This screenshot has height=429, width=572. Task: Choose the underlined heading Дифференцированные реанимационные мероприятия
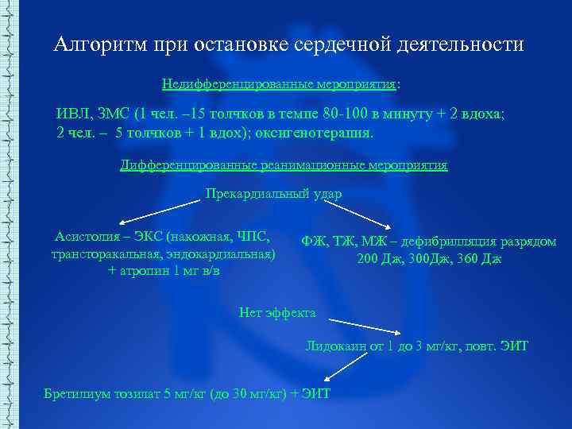[x=283, y=166]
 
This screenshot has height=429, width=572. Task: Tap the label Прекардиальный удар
[x=273, y=193]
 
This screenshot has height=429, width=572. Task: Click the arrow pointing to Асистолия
[x=159, y=212]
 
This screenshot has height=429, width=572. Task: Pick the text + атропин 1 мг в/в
[x=164, y=271]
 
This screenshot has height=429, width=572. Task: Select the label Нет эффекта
[x=277, y=313]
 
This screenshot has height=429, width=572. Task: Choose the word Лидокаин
[x=335, y=346]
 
